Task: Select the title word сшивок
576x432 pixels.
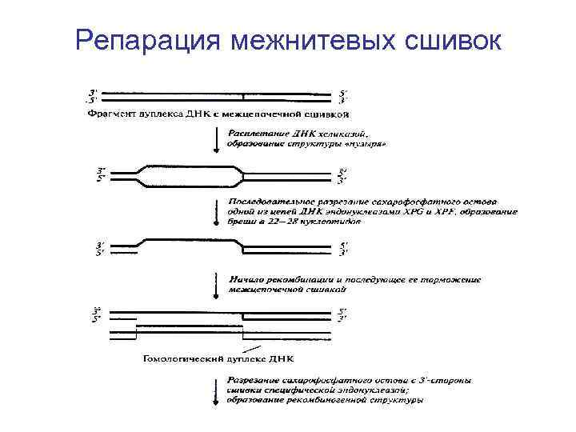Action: click(x=454, y=40)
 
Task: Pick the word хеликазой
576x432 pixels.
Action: click(x=343, y=132)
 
